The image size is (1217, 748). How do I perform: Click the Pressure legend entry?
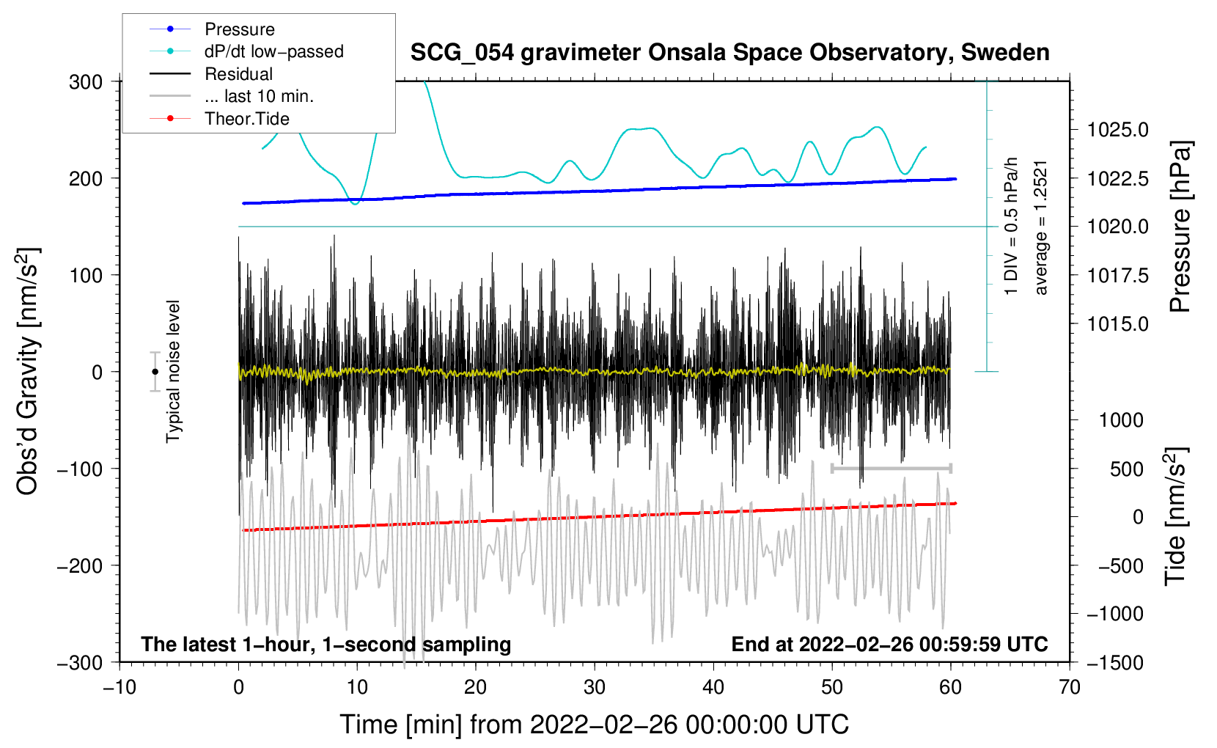(239, 29)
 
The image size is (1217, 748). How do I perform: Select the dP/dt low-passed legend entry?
(273, 51)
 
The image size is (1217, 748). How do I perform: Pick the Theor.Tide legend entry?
(246, 119)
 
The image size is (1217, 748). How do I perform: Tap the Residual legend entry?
(238, 74)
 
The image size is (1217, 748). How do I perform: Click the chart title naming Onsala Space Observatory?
(729, 53)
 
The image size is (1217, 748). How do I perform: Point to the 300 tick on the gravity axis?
(86, 81)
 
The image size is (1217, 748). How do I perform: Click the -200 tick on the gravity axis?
(80, 565)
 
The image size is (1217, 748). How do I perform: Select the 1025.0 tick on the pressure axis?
(1117, 130)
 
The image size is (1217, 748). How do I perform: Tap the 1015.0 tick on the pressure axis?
(1117, 323)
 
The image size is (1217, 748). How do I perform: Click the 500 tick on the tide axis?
(1126, 469)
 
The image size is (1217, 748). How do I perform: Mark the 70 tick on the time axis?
(1070, 687)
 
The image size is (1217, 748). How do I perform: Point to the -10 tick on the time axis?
(120, 687)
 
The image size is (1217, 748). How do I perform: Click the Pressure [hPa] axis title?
(1180, 227)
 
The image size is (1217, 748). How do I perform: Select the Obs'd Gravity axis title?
(28, 371)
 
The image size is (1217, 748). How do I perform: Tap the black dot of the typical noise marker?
(155, 372)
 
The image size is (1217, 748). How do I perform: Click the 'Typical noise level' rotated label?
(173, 371)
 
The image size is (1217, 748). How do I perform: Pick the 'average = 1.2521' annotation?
(1041, 227)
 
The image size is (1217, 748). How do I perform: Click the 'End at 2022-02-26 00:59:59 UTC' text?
(889, 644)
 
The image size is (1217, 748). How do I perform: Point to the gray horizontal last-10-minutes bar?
(891, 468)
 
